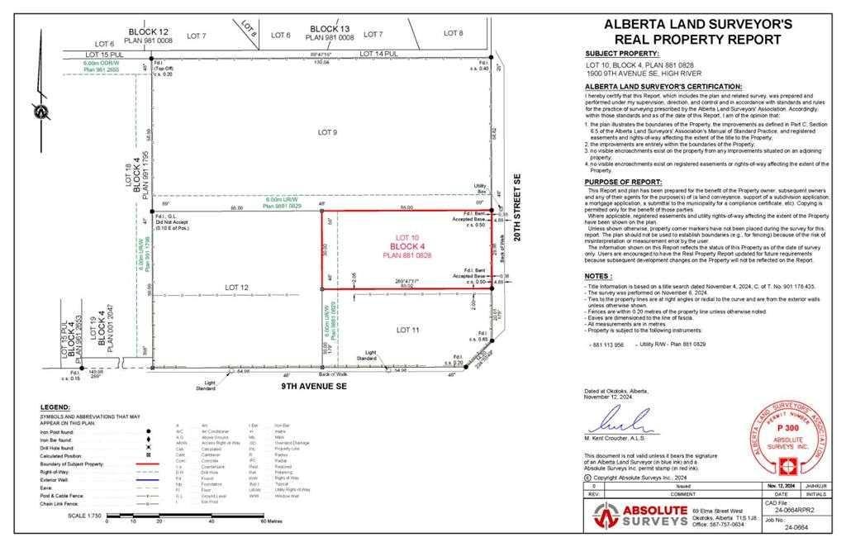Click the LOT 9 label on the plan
[328, 131]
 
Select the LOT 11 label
[408, 330]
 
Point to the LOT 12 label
[237, 288]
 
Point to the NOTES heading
[597, 276]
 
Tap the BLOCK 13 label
[330, 28]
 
